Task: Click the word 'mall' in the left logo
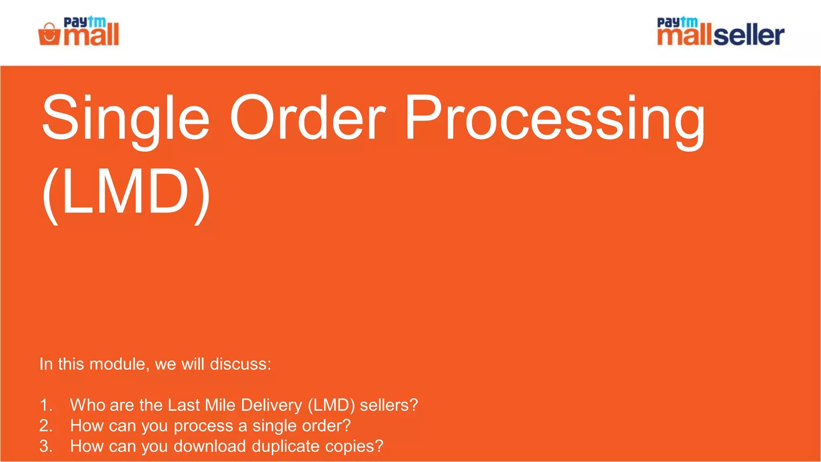(x=92, y=35)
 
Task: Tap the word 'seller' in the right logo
(x=748, y=35)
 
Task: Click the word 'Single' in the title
(x=125, y=118)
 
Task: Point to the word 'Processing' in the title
(x=555, y=118)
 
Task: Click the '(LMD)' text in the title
(x=126, y=192)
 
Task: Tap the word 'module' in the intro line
(x=119, y=364)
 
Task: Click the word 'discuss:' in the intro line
(x=241, y=364)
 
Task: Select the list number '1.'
(x=46, y=405)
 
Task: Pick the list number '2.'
(x=46, y=426)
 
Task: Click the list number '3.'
(x=46, y=446)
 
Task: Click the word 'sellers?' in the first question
(x=388, y=405)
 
